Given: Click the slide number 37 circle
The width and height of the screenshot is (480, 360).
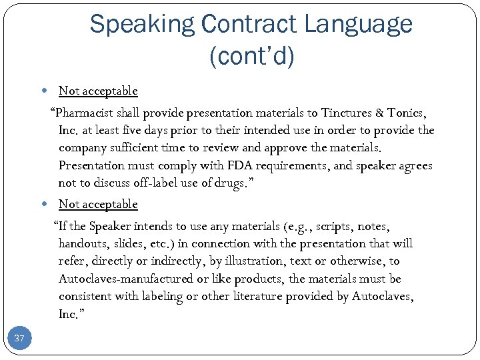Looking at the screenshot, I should [19, 339].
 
